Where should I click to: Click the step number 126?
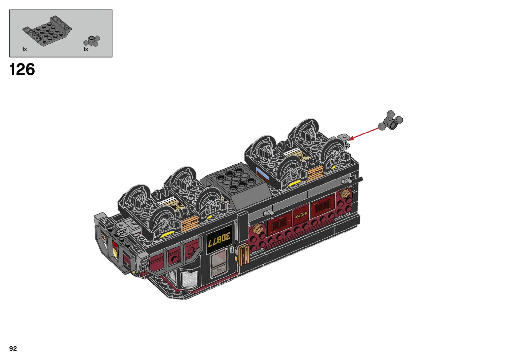(x=22, y=69)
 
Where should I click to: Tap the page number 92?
(x=13, y=348)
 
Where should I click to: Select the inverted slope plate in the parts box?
(x=47, y=31)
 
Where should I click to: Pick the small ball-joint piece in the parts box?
(x=92, y=41)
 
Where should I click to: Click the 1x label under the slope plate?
(x=24, y=49)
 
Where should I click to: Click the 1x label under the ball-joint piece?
(x=86, y=49)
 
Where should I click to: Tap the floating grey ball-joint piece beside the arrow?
(x=390, y=121)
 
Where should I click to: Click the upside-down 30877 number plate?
(x=219, y=239)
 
